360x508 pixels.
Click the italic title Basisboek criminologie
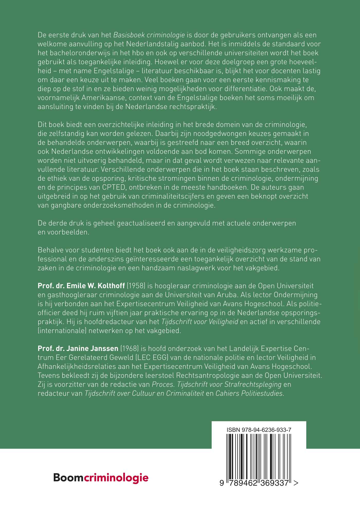[x=149, y=35]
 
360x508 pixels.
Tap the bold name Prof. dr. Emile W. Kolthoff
[x=81, y=286]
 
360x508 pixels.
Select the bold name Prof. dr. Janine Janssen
[x=78, y=348]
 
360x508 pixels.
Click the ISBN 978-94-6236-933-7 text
[x=259, y=430]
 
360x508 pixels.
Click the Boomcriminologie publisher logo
[x=101, y=477]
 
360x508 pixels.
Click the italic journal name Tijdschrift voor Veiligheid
[x=200, y=322]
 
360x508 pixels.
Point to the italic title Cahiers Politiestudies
[x=250, y=393]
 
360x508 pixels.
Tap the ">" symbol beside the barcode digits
[x=296, y=483]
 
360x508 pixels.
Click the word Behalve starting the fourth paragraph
[x=50, y=250]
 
